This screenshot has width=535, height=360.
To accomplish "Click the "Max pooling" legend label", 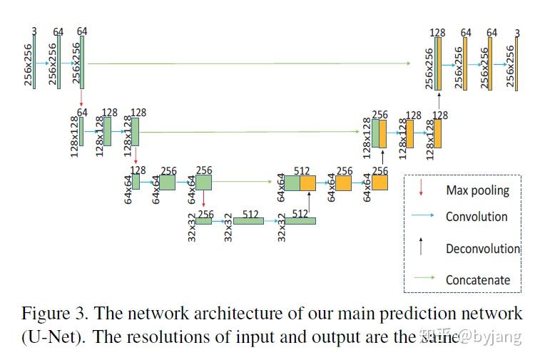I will [x=477, y=190].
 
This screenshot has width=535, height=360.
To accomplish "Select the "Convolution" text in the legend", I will [x=477, y=217].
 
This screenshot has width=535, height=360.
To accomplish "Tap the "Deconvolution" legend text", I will [x=482, y=249].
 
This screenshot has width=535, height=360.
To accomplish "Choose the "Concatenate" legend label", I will [x=478, y=280].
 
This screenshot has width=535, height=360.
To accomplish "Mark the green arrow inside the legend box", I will [x=422, y=279].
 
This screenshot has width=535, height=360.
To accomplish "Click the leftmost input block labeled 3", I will [x=34, y=61].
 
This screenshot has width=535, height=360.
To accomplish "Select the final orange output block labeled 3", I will [x=515, y=63].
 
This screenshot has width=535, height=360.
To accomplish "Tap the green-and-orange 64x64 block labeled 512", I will [x=300, y=182].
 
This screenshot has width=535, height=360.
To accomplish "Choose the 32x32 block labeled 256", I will [x=204, y=221].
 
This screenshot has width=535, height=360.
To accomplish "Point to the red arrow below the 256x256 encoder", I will [x=82, y=98].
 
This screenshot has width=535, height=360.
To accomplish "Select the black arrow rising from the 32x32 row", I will [x=308, y=202].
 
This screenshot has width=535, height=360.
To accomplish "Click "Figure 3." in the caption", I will [x=55, y=314].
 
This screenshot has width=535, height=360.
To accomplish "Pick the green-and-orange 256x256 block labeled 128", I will [x=437, y=63].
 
